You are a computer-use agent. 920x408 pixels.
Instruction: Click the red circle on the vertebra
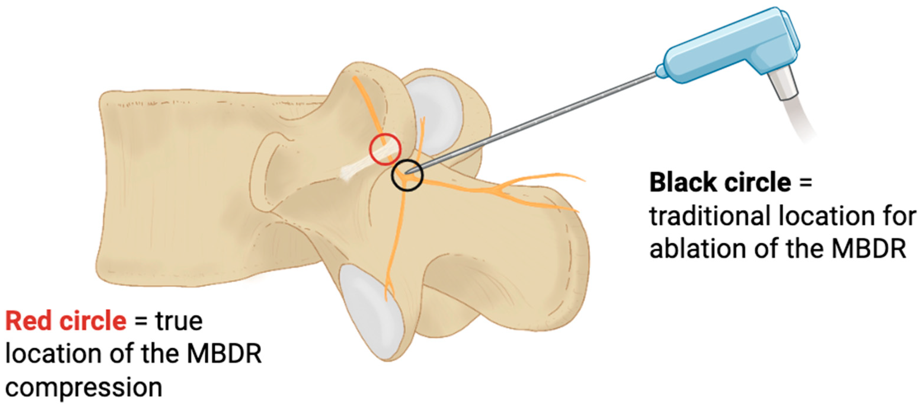[385, 149]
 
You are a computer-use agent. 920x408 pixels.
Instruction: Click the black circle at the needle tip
[407, 175]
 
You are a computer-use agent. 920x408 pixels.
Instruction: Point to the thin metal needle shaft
[536, 121]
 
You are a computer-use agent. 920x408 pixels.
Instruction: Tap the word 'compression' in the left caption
[84, 388]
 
